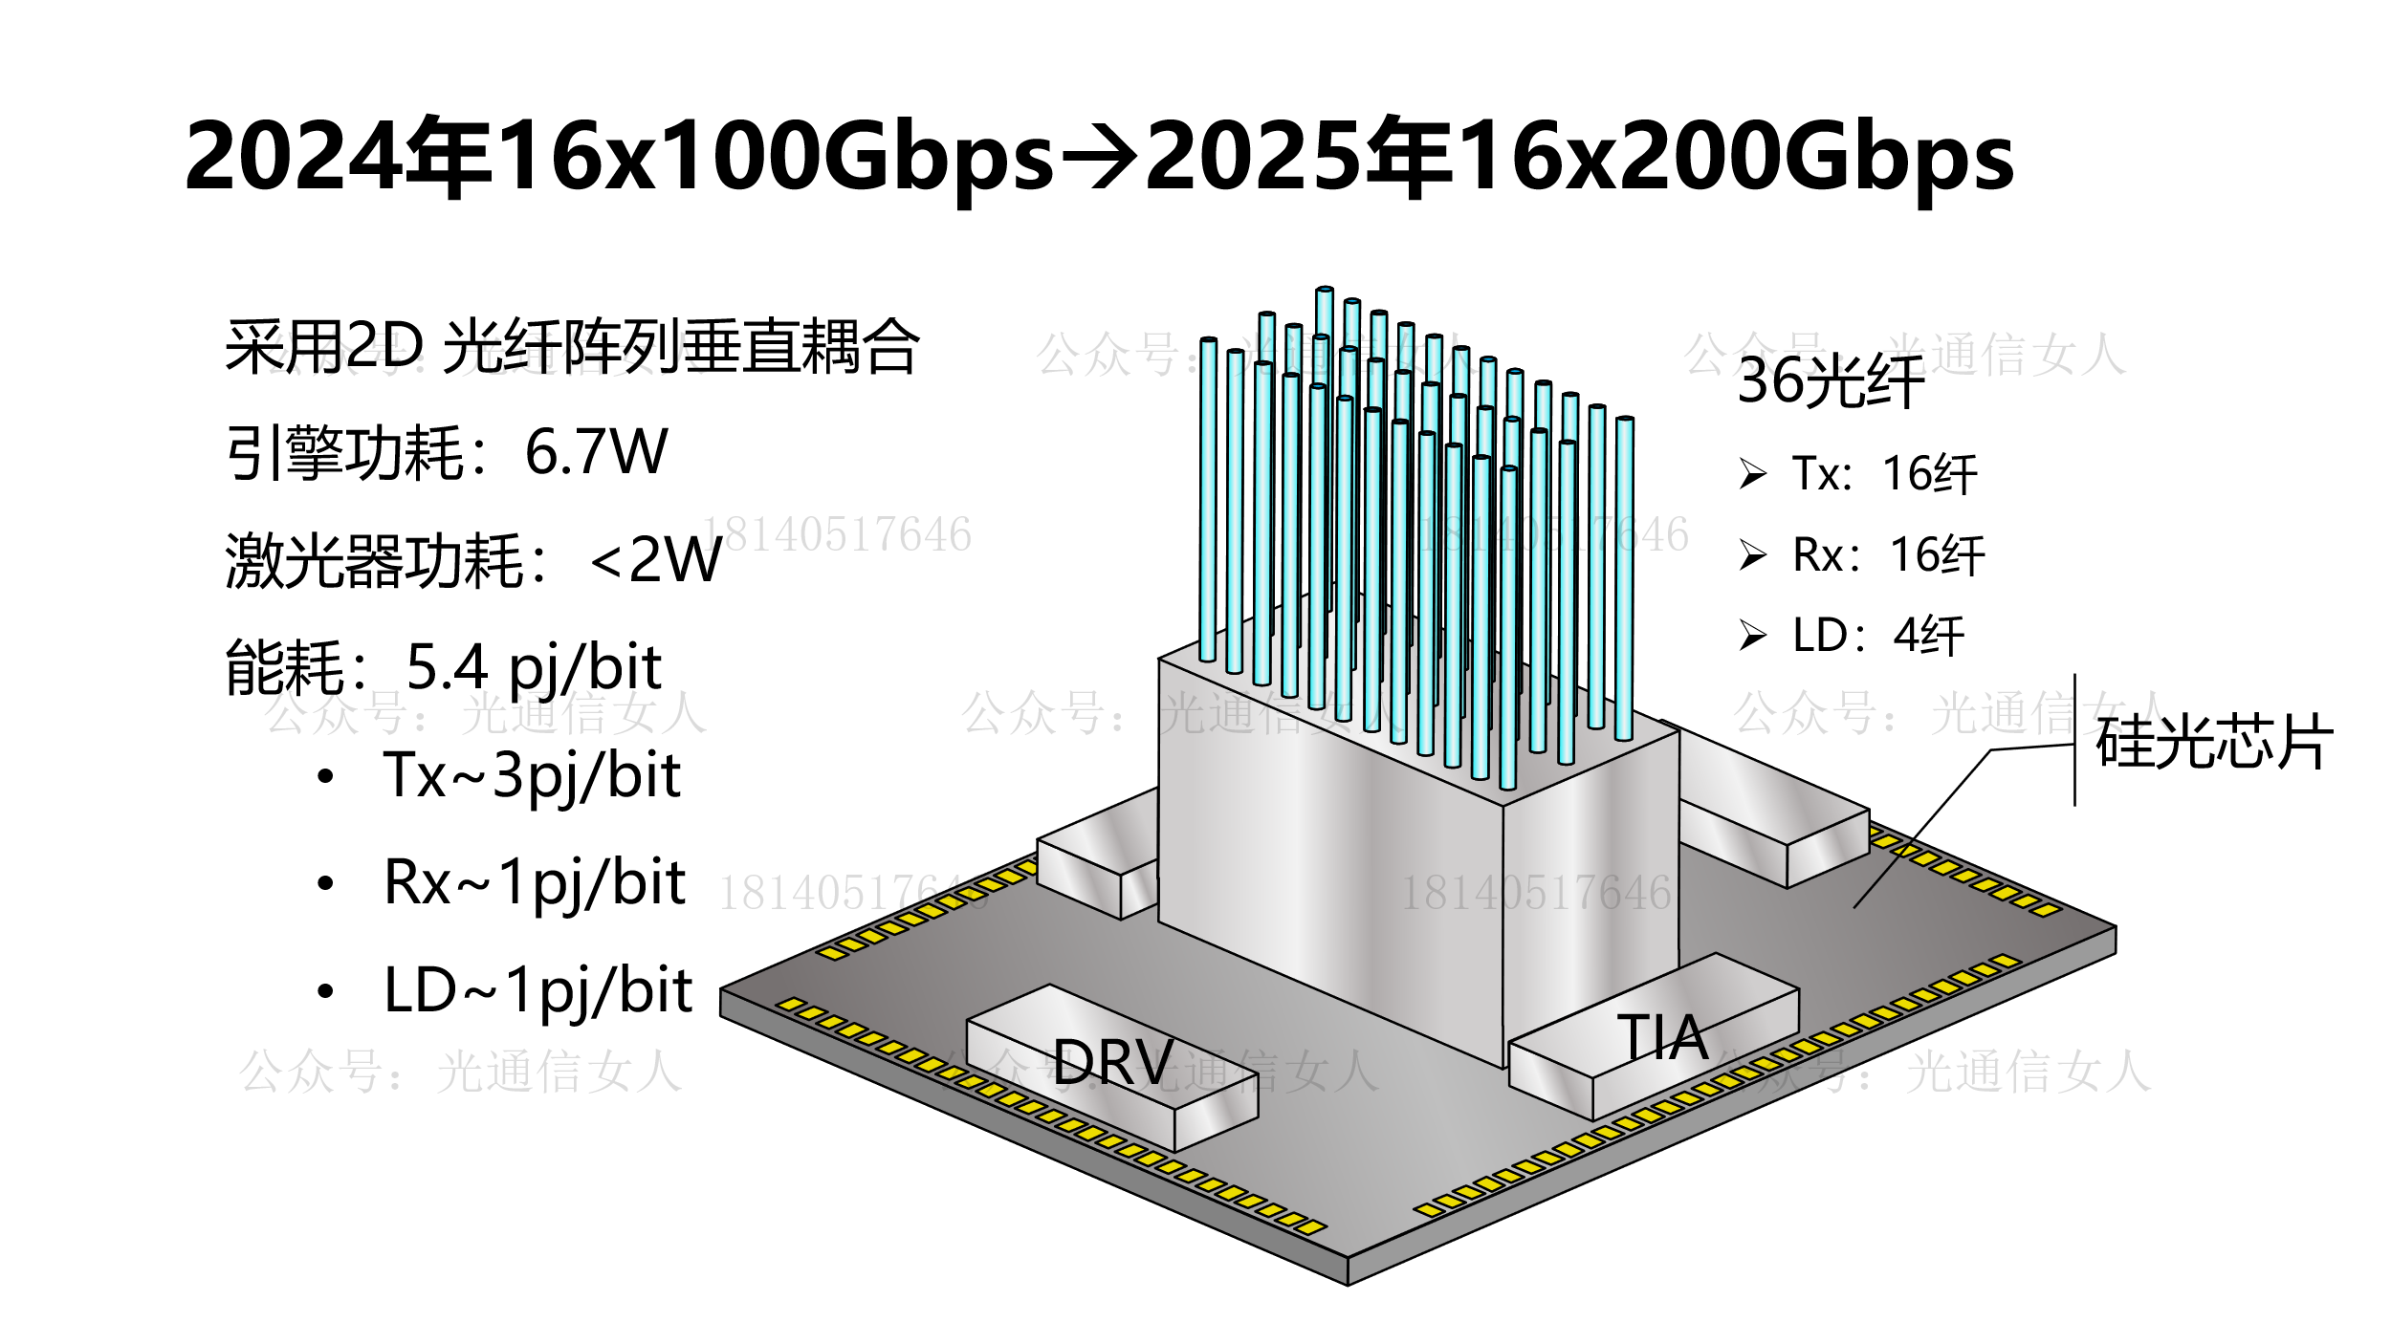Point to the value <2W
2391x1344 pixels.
[656, 560]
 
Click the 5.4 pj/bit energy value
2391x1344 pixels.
[533, 667]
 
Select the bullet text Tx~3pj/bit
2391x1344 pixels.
[532, 775]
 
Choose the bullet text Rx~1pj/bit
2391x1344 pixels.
[535, 882]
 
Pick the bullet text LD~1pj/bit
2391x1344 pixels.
[537, 990]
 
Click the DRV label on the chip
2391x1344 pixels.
[1113, 1062]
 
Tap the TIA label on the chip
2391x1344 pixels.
[1662, 1037]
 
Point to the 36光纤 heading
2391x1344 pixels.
[1830, 381]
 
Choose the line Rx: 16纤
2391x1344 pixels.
[1888, 555]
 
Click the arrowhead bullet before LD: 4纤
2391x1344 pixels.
[1752, 636]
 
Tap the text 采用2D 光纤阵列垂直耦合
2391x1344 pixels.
[572, 346]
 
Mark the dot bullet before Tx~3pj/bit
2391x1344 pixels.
[325, 776]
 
